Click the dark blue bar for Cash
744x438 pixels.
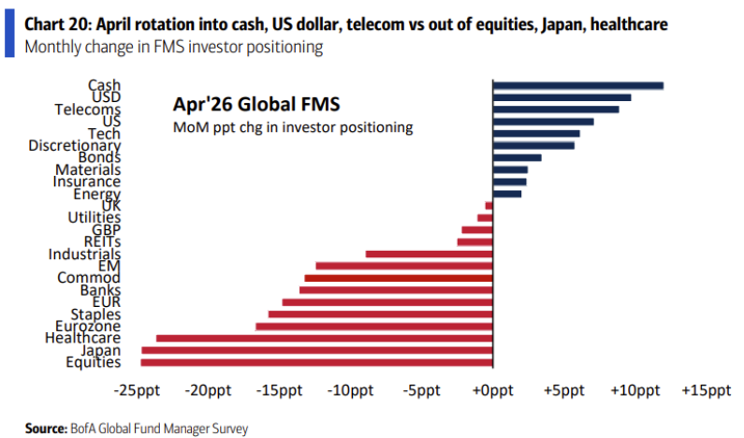pos(577,85)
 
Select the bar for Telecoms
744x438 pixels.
pos(555,109)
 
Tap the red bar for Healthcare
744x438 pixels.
pos(324,338)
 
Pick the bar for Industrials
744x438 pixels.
pos(429,254)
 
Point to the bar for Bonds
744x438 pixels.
pos(517,157)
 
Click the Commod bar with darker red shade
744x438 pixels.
pos(399,278)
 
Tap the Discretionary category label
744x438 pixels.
pos(75,146)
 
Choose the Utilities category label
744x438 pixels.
pos(94,218)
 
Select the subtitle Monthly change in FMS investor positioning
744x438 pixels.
pos(174,47)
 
